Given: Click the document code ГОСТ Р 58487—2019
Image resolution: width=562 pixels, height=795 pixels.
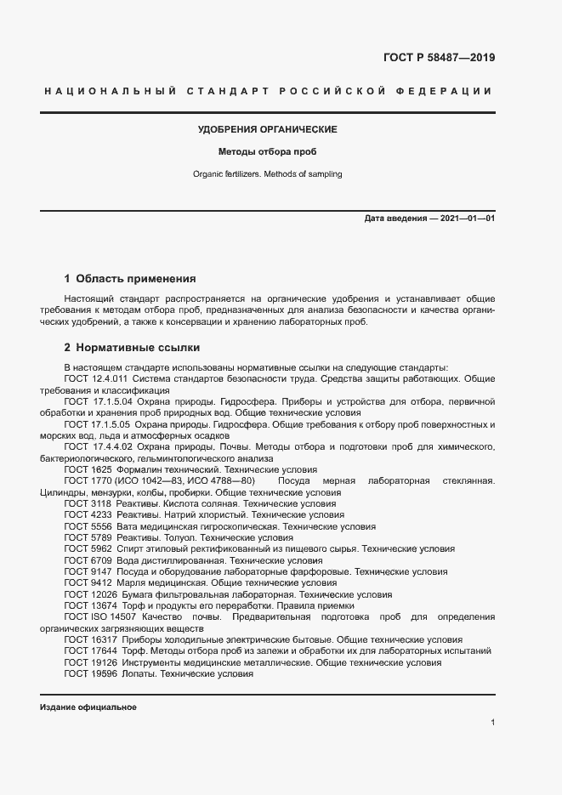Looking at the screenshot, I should pyautogui.click(x=433, y=58).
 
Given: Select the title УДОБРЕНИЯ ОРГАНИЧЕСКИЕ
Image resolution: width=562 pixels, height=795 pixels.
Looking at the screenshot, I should pyautogui.click(x=268, y=129).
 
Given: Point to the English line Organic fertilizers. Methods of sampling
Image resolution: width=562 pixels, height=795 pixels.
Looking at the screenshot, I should pyautogui.click(x=268, y=174).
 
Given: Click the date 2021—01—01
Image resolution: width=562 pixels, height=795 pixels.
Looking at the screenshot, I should pyautogui.click(x=466, y=219).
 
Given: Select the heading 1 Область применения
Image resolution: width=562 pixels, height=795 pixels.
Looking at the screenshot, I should pyautogui.click(x=130, y=278).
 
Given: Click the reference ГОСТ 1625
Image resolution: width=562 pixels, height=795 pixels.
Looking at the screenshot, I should pyautogui.click(x=88, y=469).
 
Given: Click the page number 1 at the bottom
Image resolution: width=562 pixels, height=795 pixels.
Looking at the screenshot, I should pyautogui.click(x=493, y=722).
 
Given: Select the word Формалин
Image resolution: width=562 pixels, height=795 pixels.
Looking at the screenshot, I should pyautogui.click(x=147, y=469).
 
